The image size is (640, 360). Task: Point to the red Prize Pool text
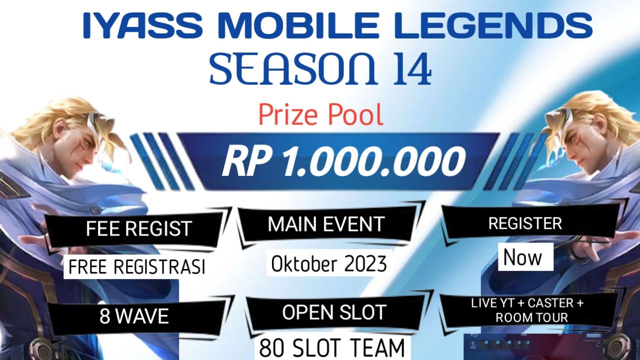pos(320,114)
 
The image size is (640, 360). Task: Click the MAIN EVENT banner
pos(326,224)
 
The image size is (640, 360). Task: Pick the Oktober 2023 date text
pos(329,263)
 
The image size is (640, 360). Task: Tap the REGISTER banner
pos(525,223)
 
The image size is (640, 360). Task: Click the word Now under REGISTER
pos(522,257)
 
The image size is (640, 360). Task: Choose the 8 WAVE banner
pos(134,316)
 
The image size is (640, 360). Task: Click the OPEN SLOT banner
pos(333,312)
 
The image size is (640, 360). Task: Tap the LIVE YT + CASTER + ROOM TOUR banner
pos(527,310)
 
